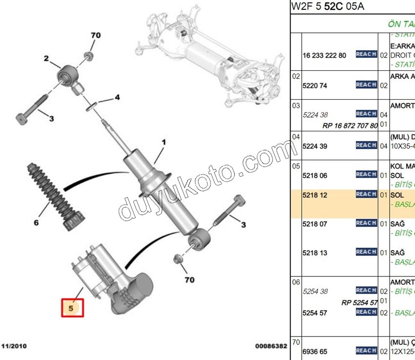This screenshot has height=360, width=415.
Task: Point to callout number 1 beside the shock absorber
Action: [x=164, y=143]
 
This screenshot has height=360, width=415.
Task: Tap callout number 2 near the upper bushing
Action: [x=46, y=59]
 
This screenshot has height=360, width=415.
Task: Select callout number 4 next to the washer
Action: [x=117, y=98]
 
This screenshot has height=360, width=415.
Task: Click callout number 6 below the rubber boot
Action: [x=36, y=223]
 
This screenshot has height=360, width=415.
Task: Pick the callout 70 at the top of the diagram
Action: [x=96, y=35]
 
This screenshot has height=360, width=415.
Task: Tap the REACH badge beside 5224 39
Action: [x=366, y=145]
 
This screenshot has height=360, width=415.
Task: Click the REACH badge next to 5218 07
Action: [x=366, y=223]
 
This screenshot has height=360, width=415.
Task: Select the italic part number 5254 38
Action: [x=315, y=291]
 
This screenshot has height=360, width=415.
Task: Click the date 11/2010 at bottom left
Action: [x=13, y=346]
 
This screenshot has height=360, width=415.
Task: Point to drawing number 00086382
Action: [x=271, y=346]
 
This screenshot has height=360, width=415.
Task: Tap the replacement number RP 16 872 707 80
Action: [x=350, y=126]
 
